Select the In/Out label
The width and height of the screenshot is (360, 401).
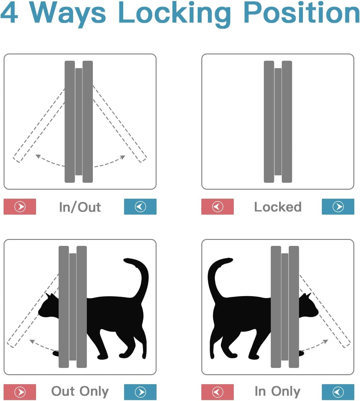point(80,207)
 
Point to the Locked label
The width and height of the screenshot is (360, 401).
point(278,207)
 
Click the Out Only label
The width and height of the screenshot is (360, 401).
point(80,391)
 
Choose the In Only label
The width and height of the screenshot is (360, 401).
point(277,391)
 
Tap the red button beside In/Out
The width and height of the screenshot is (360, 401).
point(20,207)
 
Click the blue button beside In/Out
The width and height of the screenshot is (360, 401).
point(140,207)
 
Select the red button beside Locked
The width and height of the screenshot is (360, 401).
point(218,207)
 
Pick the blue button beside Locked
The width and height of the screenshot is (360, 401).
point(338,207)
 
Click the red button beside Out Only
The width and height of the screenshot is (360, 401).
point(20,392)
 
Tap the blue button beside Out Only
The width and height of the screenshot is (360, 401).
point(140,392)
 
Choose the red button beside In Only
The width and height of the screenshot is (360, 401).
point(218,392)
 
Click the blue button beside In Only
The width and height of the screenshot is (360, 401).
point(338,392)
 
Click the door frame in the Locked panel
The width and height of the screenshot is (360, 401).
point(278,122)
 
